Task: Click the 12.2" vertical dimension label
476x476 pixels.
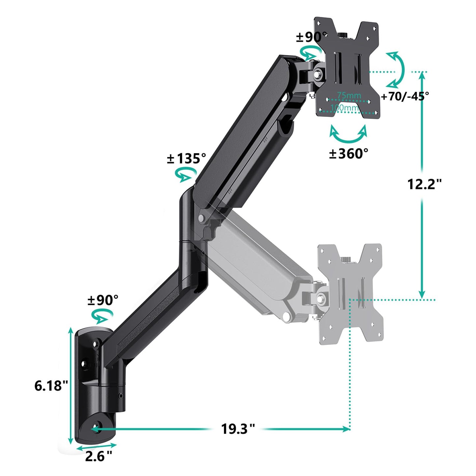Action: click(424, 184)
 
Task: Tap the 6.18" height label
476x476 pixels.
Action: click(51, 385)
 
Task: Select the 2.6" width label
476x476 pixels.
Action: click(98, 456)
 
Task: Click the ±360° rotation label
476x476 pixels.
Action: click(349, 153)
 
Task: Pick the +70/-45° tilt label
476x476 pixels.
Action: click(405, 96)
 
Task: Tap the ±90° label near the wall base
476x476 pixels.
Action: click(103, 300)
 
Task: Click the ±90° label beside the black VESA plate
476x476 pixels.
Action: click(311, 37)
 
